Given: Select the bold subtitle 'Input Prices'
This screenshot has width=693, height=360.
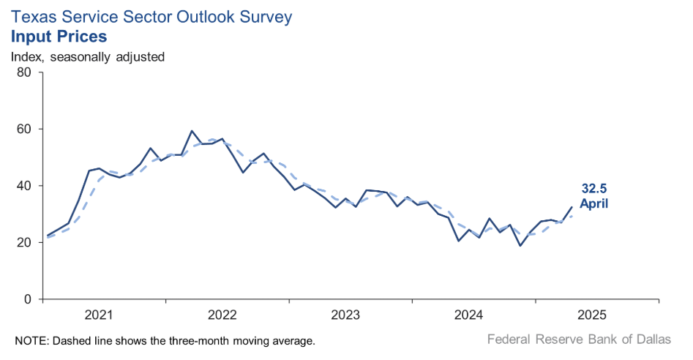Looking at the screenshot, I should point(59,36).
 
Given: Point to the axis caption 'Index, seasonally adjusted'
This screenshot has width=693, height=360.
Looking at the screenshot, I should point(87,56).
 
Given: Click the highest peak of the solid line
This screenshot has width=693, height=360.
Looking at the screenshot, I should point(192,131).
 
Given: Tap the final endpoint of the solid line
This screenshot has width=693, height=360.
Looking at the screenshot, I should point(572,207).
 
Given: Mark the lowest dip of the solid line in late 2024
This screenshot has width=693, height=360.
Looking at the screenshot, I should point(520,245).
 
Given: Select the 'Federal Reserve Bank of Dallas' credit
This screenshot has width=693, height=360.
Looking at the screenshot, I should point(578,340).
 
